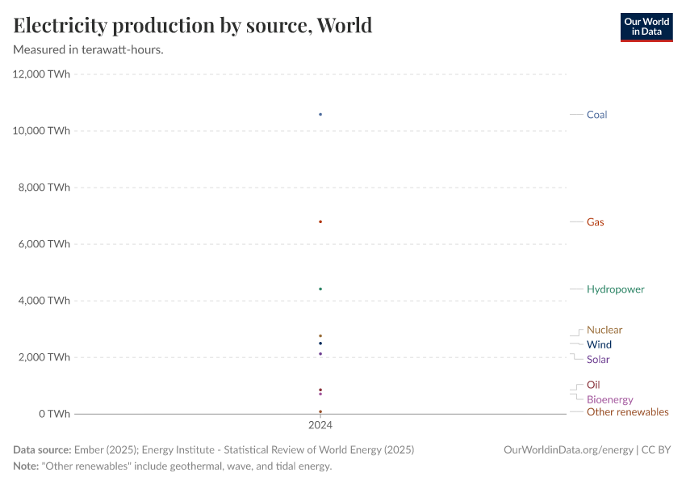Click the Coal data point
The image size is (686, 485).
320,115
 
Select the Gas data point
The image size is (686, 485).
320,221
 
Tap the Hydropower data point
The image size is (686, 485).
320,289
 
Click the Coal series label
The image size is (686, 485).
596,115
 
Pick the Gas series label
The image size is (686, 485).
595,222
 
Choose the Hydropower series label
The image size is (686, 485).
615,289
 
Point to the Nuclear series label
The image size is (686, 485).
604,330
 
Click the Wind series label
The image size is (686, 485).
599,344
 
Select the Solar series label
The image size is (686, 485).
598,360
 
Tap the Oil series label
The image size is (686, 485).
593,385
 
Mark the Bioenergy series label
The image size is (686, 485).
609,399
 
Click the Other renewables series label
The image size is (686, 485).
627,412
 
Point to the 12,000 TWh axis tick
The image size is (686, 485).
41,74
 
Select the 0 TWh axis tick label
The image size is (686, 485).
53,414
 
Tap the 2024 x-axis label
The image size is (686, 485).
320,424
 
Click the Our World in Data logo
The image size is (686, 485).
646,27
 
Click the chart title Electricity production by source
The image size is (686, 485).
193,26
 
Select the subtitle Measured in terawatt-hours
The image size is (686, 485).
89,50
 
